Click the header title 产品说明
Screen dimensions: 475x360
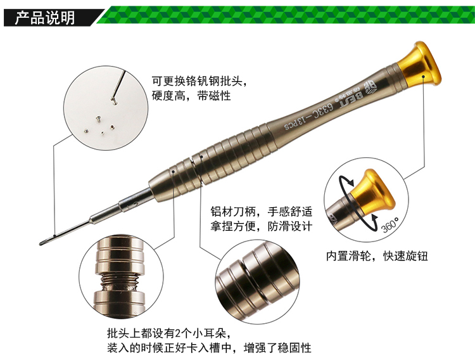click(45, 18)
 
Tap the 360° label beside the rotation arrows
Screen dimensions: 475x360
click(391, 224)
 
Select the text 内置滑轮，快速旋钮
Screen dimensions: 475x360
click(377, 256)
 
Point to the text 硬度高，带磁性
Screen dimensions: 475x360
click(191, 96)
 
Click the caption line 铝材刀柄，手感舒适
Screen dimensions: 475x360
click(262, 212)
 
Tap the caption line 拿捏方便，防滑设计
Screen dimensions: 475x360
click(262, 226)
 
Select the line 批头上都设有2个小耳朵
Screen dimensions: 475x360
click(169, 333)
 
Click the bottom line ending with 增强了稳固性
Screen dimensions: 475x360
click(209, 347)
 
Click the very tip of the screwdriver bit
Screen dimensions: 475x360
click(41, 243)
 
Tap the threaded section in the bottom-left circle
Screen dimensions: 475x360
click(119, 283)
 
